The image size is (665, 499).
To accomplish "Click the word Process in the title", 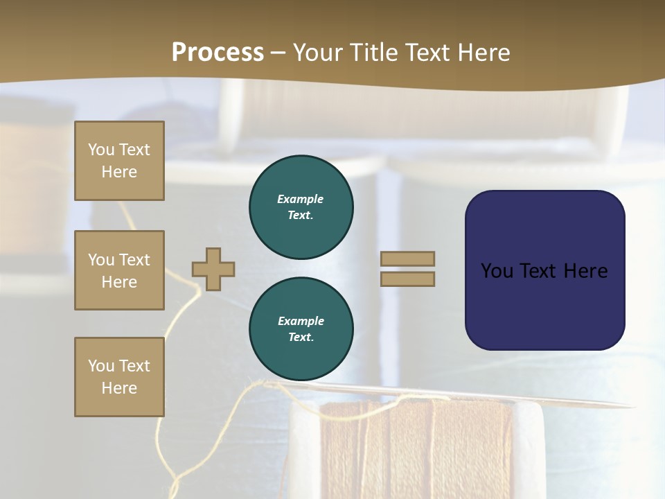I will click(218, 53).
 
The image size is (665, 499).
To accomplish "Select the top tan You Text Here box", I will click(119, 161).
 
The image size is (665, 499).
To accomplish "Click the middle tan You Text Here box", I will click(119, 270).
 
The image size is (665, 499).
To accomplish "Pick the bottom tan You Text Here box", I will click(119, 377).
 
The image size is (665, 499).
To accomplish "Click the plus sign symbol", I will click(213, 269).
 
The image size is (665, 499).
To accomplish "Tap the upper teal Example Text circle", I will click(301, 207).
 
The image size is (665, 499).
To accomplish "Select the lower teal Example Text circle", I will click(301, 329).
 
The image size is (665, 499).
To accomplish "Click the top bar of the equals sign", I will click(407, 259).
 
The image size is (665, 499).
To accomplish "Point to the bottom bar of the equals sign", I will click(407, 279).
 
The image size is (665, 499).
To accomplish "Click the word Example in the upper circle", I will click(300, 199).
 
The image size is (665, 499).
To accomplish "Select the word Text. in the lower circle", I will click(301, 338).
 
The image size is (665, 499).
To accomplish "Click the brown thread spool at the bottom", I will click(416, 450).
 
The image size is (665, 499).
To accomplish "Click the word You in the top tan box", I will click(101, 150).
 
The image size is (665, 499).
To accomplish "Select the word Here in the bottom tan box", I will click(119, 388).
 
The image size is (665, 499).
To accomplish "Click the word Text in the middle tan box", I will click(134, 260).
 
